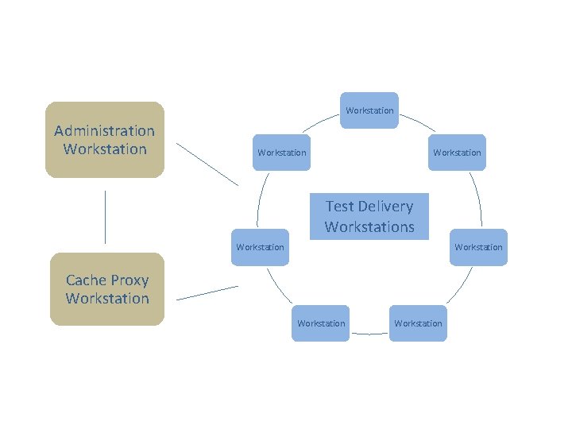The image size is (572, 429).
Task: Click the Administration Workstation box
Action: point(104,140)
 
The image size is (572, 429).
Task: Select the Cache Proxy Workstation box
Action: point(107,289)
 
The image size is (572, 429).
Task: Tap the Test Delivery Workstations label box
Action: point(369,216)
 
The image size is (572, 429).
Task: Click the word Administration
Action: point(104,130)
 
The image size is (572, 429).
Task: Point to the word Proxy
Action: point(129,280)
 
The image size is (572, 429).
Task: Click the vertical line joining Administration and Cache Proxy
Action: point(105,216)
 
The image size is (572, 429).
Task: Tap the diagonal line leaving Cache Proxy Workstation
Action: point(207,292)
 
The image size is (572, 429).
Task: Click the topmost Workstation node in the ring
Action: point(369,110)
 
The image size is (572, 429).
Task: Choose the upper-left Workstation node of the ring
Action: point(281,153)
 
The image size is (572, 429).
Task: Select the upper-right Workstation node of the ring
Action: point(457,153)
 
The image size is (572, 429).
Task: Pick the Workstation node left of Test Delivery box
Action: point(260,247)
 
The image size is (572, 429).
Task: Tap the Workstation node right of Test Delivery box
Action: point(478,247)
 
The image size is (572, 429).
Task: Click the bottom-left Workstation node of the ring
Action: point(320,323)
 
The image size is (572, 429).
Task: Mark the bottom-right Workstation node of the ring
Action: point(418,323)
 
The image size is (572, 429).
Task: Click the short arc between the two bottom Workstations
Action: point(369,334)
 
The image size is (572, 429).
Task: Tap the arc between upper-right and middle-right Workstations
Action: point(477,199)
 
